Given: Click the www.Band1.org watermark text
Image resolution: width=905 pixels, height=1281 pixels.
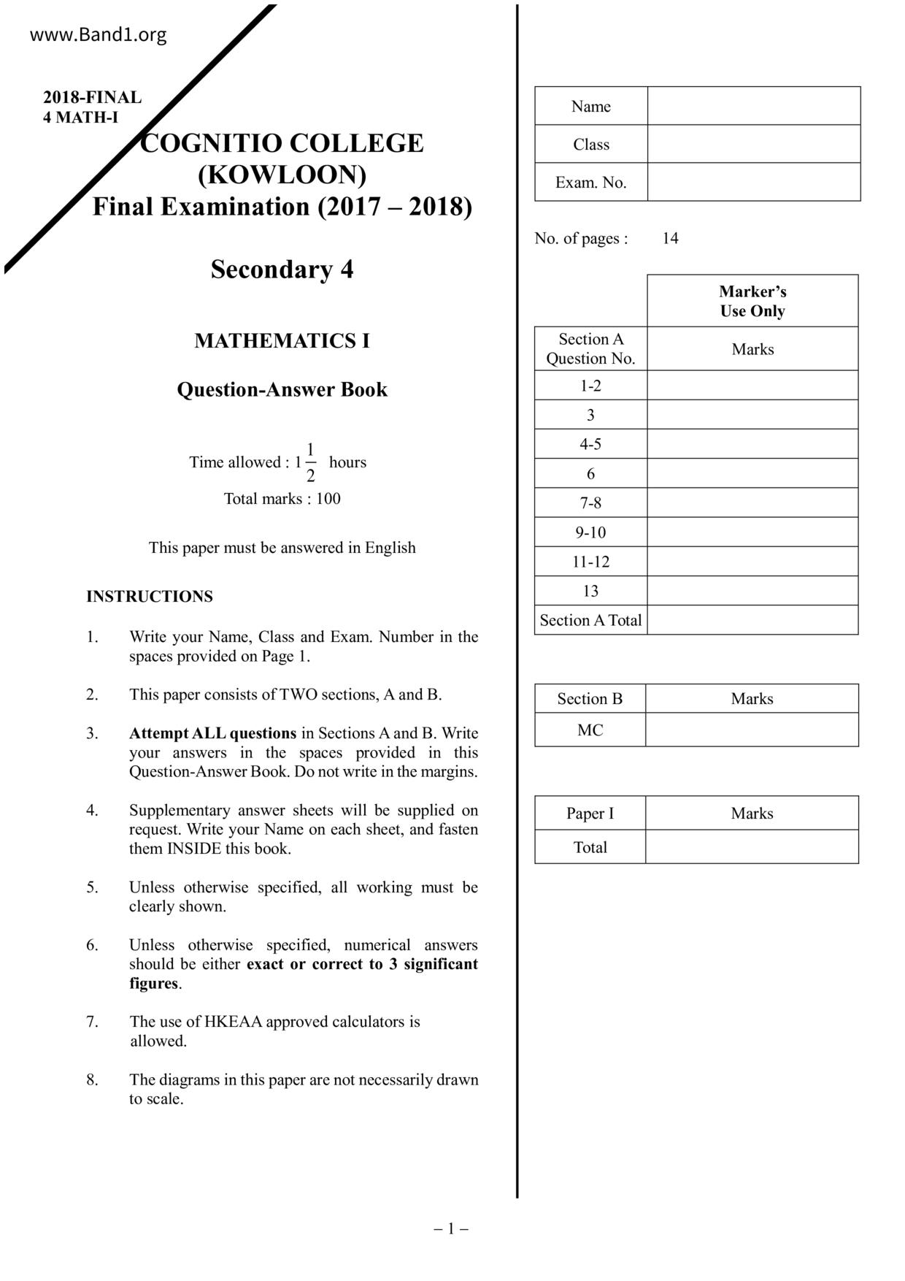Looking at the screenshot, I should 98,35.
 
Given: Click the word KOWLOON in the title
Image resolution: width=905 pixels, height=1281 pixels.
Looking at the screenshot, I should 282,175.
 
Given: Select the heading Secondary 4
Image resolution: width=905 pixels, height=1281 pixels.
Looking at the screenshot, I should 282,269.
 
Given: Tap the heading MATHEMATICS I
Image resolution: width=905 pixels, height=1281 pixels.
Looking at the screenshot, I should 282,341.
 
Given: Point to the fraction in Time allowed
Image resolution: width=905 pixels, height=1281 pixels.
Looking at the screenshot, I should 310,462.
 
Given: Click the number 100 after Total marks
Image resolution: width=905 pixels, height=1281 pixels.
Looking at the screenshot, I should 328,499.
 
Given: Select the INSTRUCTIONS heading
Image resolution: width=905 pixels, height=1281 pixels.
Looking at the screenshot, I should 150,597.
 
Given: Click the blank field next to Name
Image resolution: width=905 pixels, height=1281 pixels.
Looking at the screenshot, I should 753,106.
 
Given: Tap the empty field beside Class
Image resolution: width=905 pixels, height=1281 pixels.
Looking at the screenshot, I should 753,144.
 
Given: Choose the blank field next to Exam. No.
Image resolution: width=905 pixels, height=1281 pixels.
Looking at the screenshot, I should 753,182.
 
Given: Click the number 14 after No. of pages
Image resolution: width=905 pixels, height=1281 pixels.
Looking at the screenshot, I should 670,239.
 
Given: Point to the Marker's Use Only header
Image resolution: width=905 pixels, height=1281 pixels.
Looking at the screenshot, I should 752,301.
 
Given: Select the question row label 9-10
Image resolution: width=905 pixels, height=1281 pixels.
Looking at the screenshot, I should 590,532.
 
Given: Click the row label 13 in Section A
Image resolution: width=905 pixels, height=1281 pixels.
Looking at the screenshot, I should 590,591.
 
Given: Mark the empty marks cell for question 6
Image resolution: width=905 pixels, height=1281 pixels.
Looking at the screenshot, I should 752,473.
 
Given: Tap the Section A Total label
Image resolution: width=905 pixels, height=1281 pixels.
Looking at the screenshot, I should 590,620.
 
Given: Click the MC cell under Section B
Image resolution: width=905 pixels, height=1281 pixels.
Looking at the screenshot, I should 590,730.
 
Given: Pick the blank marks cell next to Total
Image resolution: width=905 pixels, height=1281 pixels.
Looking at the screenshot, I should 752,847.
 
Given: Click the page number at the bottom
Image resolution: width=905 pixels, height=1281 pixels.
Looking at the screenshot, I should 451,1228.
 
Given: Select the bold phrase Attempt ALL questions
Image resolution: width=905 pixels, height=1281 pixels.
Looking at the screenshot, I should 212,733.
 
